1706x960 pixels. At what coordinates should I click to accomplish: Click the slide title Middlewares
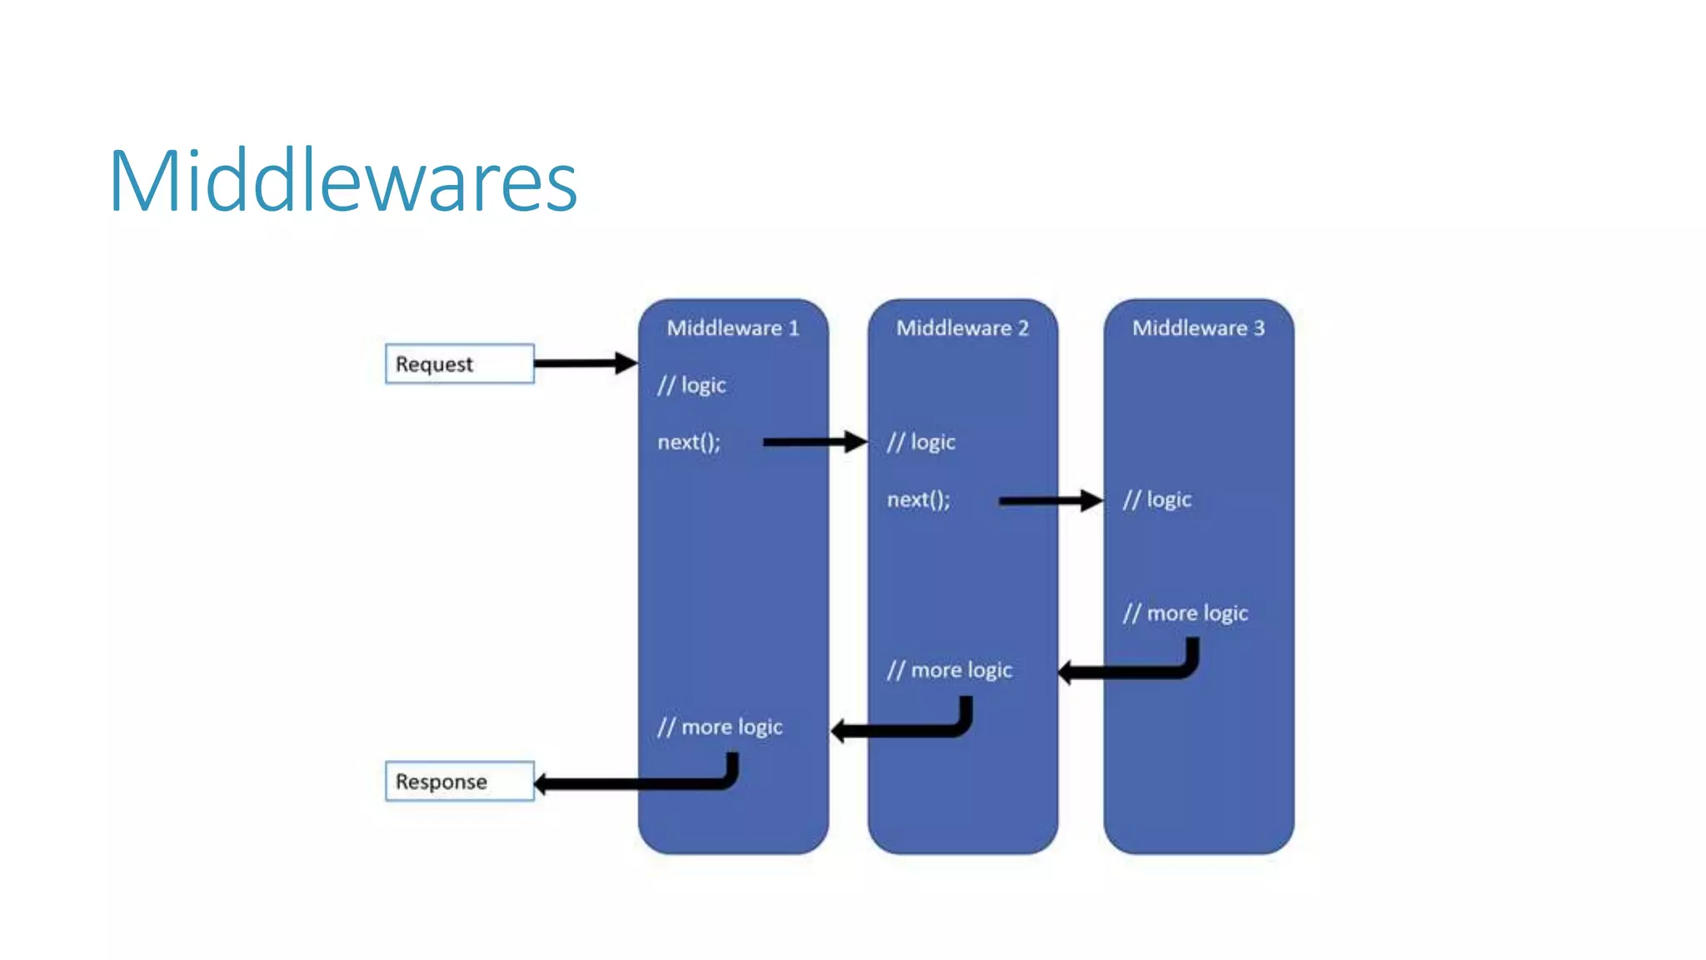342,181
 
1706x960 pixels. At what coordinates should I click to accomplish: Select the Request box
459,363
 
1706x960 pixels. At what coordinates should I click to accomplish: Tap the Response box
459,781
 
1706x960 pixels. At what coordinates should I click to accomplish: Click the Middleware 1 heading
732,327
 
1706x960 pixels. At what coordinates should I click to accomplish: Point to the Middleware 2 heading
962,327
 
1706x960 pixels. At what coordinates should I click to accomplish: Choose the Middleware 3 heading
1198,327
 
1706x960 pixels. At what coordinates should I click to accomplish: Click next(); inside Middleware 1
689,442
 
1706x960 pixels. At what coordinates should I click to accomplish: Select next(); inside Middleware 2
918,499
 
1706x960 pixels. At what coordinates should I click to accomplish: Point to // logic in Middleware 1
691,385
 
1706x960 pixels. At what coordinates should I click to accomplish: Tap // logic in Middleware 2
920,442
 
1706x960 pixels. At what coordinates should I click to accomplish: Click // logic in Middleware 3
1157,499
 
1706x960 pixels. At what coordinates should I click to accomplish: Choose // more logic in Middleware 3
1185,613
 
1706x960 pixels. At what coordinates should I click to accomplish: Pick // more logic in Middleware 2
949,670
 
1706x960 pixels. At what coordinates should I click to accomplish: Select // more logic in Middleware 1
720,727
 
